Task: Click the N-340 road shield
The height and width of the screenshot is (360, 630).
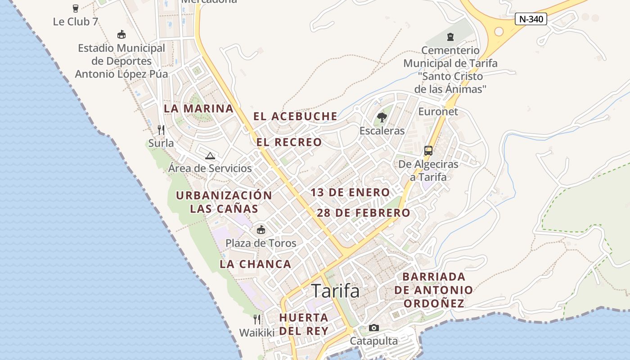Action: pyautogui.click(x=531, y=19)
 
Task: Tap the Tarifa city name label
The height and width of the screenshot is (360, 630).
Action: pyautogui.click(x=336, y=291)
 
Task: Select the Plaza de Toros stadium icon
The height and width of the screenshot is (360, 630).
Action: pyautogui.click(x=261, y=230)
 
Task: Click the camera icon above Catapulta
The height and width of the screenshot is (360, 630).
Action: pyautogui.click(x=374, y=328)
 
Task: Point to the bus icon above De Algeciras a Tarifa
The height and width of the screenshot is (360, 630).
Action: pyautogui.click(x=428, y=151)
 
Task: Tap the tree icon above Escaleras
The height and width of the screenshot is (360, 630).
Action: pyautogui.click(x=382, y=117)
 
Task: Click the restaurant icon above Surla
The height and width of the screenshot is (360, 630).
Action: pyautogui.click(x=161, y=130)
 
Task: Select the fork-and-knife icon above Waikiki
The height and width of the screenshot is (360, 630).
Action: pyautogui.click(x=257, y=319)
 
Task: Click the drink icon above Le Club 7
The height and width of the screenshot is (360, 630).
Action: pyautogui.click(x=76, y=8)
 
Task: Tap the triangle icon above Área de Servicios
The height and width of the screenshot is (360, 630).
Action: pyautogui.click(x=210, y=156)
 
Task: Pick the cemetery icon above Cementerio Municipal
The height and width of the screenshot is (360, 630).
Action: pyautogui.click(x=450, y=37)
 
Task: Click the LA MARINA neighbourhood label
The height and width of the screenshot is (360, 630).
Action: pyautogui.click(x=198, y=108)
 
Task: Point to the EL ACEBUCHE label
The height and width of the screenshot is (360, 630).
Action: pyautogui.click(x=295, y=116)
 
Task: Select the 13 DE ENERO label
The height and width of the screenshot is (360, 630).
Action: pyautogui.click(x=350, y=193)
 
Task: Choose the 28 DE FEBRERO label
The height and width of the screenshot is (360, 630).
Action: pyautogui.click(x=364, y=213)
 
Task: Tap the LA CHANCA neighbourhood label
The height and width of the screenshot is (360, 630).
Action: pyautogui.click(x=255, y=264)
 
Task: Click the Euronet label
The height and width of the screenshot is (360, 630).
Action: pyautogui.click(x=438, y=112)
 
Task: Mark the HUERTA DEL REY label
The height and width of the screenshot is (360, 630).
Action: pyautogui.click(x=303, y=324)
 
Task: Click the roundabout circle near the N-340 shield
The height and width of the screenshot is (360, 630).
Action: pyautogui.click(x=499, y=31)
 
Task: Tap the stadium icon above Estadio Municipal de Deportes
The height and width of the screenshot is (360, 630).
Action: pyautogui.click(x=121, y=35)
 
